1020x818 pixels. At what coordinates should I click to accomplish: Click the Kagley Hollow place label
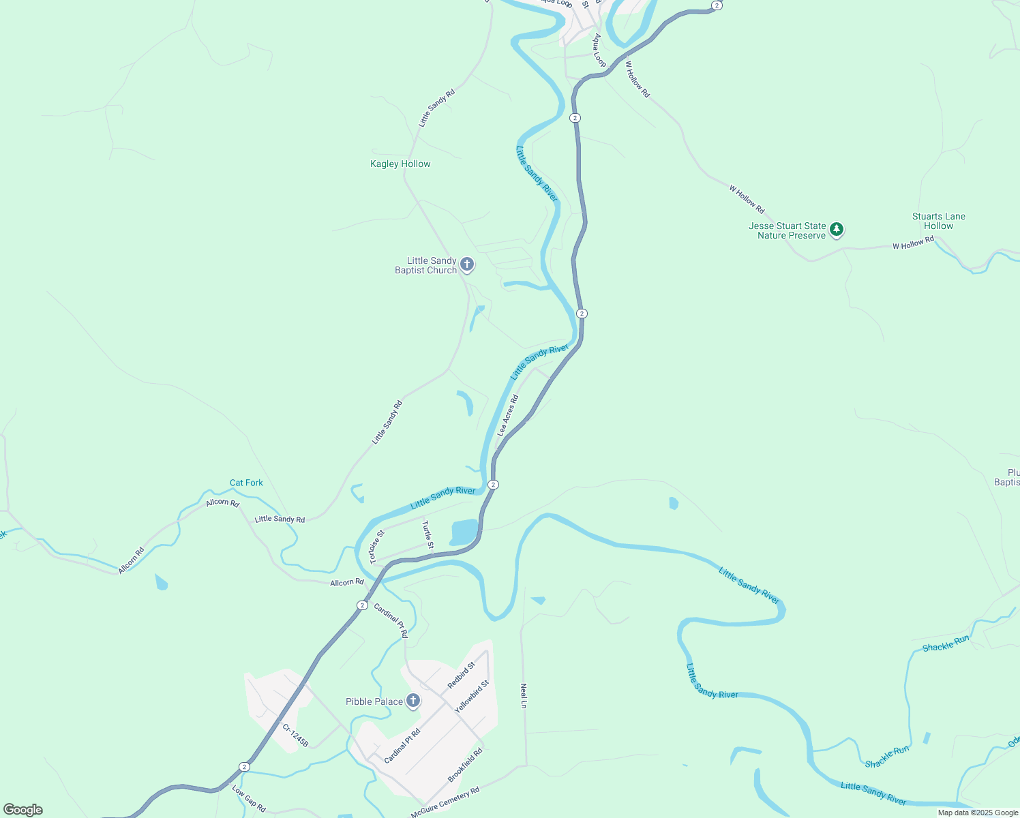pos(400,164)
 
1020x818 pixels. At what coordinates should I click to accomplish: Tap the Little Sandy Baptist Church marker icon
pos(467,264)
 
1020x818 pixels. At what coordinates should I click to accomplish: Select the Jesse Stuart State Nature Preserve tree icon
pos(837,230)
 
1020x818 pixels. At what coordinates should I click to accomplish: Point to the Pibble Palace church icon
pos(412,701)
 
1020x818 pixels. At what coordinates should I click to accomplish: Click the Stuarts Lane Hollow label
pos(938,222)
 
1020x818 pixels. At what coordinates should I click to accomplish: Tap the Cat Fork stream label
pos(246,483)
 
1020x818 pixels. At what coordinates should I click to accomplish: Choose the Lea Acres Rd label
pos(508,415)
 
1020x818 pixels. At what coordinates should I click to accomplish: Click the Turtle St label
pos(427,535)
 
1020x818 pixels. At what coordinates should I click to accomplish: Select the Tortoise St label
pos(377,547)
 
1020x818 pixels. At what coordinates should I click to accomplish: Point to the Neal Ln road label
pos(524,696)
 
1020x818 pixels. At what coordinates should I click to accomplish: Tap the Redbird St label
pos(461,675)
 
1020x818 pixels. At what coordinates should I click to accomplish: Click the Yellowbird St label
pos(472,697)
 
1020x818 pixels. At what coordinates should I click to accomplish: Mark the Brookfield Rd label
pos(465,765)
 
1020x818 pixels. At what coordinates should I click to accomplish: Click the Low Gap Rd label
pos(249,798)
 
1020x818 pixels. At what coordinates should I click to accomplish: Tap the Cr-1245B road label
pos(295,736)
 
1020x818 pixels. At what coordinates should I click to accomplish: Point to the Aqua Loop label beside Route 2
pos(599,50)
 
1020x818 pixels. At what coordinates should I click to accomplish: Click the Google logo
pos(23,810)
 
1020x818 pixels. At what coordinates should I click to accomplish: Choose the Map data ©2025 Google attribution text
pos(978,813)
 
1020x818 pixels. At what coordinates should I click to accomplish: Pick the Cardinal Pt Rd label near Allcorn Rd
pos(391,620)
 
